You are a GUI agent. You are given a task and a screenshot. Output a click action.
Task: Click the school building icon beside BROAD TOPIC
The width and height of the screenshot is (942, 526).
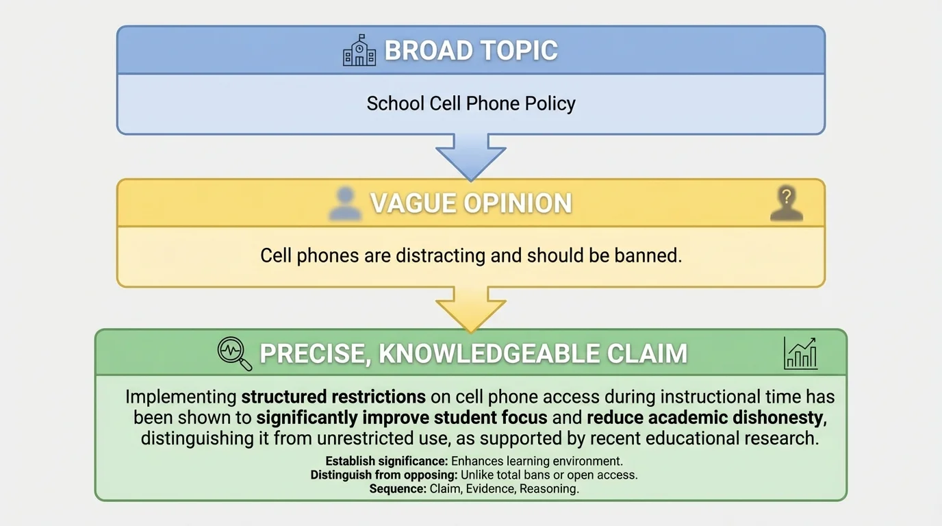(359, 51)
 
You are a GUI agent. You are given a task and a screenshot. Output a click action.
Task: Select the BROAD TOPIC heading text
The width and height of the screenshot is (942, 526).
(471, 51)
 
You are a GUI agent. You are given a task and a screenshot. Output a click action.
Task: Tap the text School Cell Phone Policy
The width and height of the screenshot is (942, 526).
(471, 103)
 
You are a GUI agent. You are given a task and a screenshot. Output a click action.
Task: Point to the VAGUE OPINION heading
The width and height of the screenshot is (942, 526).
(471, 203)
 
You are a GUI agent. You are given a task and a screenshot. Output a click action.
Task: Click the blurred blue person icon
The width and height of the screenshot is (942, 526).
(345, 203)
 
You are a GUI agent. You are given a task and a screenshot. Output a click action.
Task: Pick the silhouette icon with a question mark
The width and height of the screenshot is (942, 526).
(787, 203)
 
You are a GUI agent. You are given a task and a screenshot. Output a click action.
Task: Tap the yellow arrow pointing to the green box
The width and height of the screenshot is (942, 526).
(471, 308)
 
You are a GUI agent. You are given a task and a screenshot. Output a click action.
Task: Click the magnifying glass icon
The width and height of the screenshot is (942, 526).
(234, 353)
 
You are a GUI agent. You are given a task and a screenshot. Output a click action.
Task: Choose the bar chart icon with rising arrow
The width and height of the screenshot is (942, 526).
(800, 353)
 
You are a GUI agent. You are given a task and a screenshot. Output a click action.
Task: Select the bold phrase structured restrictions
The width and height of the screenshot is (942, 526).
(333, 397)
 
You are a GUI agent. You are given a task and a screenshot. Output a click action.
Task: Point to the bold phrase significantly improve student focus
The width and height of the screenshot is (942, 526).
(402, 418)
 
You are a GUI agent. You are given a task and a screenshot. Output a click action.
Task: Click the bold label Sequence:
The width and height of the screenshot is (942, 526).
(398, 488)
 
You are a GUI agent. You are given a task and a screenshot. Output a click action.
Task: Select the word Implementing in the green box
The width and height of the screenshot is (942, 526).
(181, 397)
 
